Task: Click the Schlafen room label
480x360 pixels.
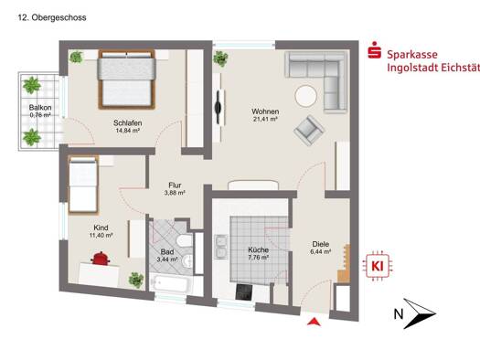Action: (x=127, y=123)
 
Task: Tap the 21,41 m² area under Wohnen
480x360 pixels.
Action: (x=265, y=120)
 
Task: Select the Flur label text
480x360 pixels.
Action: (x=175, y=185)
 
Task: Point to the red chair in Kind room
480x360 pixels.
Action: (x=100, y=259)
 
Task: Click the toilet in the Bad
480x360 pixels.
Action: (x=185, y=240)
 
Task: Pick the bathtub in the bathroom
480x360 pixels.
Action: (x=171, y=284)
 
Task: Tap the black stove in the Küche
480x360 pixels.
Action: (x=244, y=291)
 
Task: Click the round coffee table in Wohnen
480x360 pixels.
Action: (x=305, y=96)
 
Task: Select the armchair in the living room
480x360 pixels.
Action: (x=309, y=131)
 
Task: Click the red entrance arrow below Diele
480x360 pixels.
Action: (x=314, y=322)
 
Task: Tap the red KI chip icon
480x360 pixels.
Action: (x=378, y=266)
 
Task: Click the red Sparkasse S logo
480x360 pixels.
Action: (x=374, y=50)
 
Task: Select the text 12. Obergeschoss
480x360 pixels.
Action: (x=52, y=17)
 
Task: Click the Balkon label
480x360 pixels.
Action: (x=40, y=108)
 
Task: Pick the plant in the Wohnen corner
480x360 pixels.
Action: (x=220, y=58)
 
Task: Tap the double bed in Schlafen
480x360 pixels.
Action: (x=126, y=79)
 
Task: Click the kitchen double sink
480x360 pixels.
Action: (x=220, y=247)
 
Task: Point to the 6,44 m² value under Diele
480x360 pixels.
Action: (x=321, y=251)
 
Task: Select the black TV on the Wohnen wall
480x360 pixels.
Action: (x=219, y=107)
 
